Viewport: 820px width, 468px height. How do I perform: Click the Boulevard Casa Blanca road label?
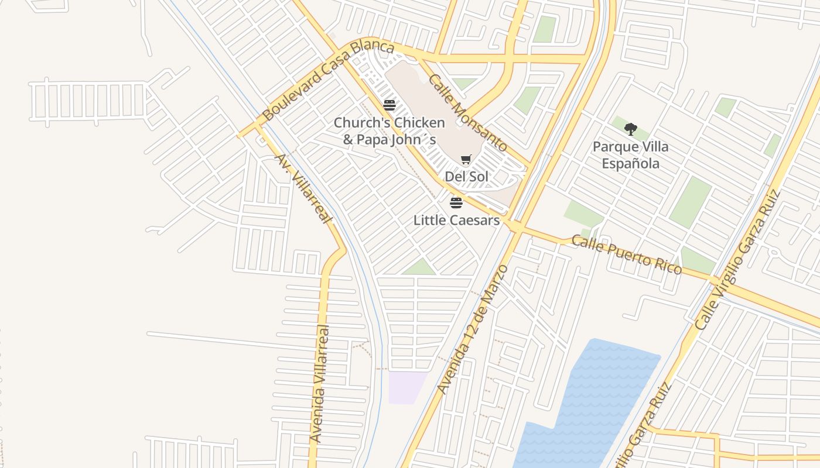click(x=327, y=80)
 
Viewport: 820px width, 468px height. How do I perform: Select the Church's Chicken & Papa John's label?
click(x=389, y=131)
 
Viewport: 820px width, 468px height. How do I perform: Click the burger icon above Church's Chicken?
click(x=389, y=105)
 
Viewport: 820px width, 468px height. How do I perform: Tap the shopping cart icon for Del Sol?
click(x=466, y=159)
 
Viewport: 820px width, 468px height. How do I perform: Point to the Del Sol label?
click(x=466, y=177)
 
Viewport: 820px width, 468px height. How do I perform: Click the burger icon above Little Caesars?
click(x=456, y=203)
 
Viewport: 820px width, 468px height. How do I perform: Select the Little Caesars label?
click(x=456, y=221)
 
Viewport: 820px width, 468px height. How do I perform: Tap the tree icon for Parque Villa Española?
click(x=630, y=129)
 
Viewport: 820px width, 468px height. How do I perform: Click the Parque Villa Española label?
click(x=630, y=155)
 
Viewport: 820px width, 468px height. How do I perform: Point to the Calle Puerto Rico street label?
click(x=627, y=254)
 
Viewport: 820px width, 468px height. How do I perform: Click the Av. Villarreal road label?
click(x=303, y=188)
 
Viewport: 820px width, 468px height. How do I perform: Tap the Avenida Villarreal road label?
click(x=320, y=384)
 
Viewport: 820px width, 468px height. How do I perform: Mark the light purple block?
click(x=406, y=387)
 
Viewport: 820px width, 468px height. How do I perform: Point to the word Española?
click(x=630, y=163)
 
